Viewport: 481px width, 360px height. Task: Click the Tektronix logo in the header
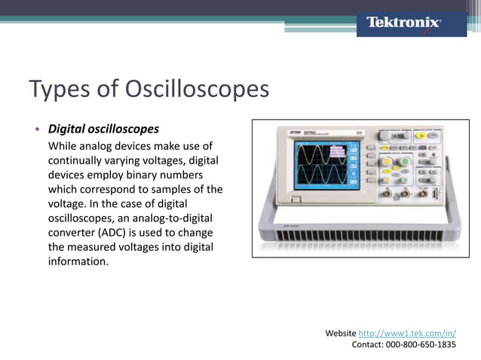tap(403, 23)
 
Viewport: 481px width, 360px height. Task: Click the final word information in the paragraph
tap(78, 262)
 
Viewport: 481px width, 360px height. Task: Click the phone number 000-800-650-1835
tap(421, 344)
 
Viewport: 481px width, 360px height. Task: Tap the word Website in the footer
tap(340, 332)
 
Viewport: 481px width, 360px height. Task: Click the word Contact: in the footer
tap(368, 344)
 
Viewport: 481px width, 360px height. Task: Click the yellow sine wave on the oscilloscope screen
tap(313, 155)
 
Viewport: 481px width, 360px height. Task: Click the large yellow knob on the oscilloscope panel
tap(387, 161)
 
